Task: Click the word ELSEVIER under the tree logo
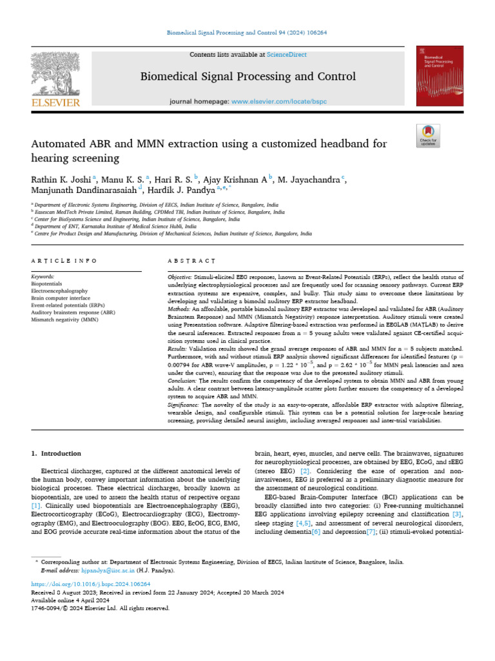coord(55,103)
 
